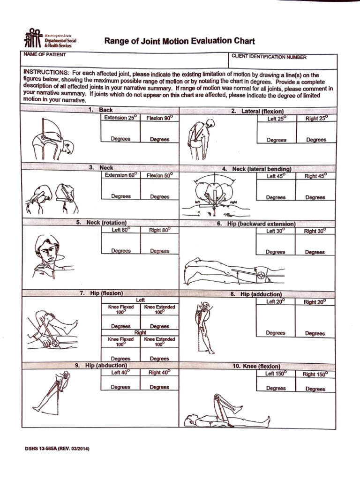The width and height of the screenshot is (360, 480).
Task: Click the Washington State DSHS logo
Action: pyautogui.click(x=50, y=39)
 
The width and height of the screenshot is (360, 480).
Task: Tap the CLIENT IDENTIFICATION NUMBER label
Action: pyautogui.click(x=269, y=57)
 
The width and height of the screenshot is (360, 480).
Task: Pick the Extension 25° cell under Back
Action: pyautogui.click(x=120, y=118)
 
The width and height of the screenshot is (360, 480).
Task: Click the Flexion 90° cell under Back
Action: pyautogui.click(x=159, y=119)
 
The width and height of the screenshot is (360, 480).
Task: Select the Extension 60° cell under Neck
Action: pyautogui.click(x=120, y=175)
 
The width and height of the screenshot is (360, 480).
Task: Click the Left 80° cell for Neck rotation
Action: pyautogui.click(x=120, y=230)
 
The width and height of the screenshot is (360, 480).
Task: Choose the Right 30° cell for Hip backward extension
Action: pyautogui.click(x=315, y=231)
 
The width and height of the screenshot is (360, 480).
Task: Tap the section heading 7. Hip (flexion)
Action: pyautogui.click(x=101, y=293)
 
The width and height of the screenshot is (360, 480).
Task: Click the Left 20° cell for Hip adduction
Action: pyautogui.click(x=276, y=302)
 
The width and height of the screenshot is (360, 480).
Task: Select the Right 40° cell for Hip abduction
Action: pyautogui.click(x=159, y=373)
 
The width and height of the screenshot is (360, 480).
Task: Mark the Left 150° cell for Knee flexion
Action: pyautogui.click(x=276, y=374)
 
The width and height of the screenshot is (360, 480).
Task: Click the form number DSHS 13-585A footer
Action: pyautogui.click(x=57, y=449)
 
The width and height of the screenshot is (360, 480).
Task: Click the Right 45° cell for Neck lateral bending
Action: pyautogui.click(x=315, y=176)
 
